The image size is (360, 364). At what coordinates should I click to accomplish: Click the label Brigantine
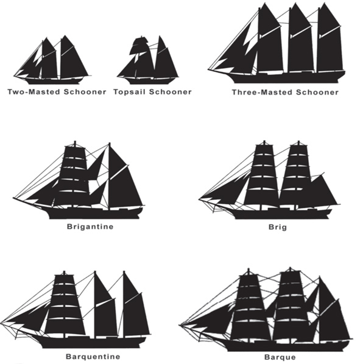pyautogui.click(x=90, y=227)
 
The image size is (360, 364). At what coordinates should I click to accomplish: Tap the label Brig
pyautogui.click(x=278, y=227)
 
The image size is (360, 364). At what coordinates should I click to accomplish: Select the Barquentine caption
pyautogui.click(x=93, y=356)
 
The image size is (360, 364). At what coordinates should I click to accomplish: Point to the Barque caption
pyautogui.click(x=280, y=357)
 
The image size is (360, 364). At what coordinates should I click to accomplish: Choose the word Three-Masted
pyautogui.click(x=262, y=93)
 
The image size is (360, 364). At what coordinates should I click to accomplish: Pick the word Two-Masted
pyautogui.click(x=34, y=91)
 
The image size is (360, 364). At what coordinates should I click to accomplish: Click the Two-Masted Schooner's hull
pyautogui.click(x=54, y=81)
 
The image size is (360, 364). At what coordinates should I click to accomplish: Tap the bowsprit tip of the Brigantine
pyautogui.click(x=14, y=198)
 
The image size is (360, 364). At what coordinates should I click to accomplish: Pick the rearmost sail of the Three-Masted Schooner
pyautogui.click(x=330, y=44)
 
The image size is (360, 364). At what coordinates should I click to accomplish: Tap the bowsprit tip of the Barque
pyautogui.click(x=180, y=325)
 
